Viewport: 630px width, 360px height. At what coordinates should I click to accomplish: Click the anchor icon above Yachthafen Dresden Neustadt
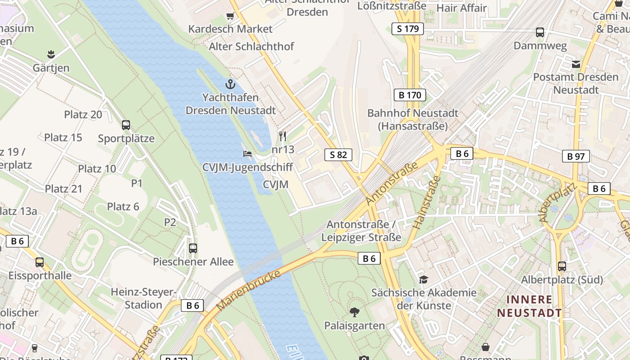[x=230, y=84]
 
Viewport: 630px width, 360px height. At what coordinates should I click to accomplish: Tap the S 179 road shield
[x=408, y=29]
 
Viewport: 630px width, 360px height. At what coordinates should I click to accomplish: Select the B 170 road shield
[x=409, y=95]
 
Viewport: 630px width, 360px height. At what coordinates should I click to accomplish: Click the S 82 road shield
[x=338, y=155]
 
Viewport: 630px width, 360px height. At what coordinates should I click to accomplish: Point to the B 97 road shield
[x=576, y=156]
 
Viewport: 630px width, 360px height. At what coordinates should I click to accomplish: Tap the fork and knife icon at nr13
[x=283, y=136]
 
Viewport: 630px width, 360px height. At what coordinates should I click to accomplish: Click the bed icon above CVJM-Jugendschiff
[x=247, y=154]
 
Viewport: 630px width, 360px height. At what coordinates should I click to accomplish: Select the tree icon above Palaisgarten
[x=355, y=312]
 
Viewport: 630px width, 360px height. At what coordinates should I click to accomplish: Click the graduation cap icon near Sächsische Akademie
[x=423, y=279]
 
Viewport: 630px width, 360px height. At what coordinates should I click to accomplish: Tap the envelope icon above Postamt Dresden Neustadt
[x=576, y=64]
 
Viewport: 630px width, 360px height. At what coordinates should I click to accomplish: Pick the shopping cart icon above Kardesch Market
[x=230, y=16]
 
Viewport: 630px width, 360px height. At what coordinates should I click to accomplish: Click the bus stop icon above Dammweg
[x=540, y=32]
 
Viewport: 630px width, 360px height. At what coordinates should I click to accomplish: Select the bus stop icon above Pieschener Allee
[x=193, y=248]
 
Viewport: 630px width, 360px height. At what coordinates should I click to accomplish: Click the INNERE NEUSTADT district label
[x=529, y=306]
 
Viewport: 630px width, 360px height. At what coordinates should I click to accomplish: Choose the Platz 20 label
[x=83, y=114]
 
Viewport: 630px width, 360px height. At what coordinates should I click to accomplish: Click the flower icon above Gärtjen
[x=51, y=54]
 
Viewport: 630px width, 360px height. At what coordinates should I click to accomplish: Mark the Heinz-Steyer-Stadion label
[x=143, y=298]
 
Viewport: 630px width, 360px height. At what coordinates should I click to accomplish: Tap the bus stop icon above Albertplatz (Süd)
[x=562, y=266]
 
